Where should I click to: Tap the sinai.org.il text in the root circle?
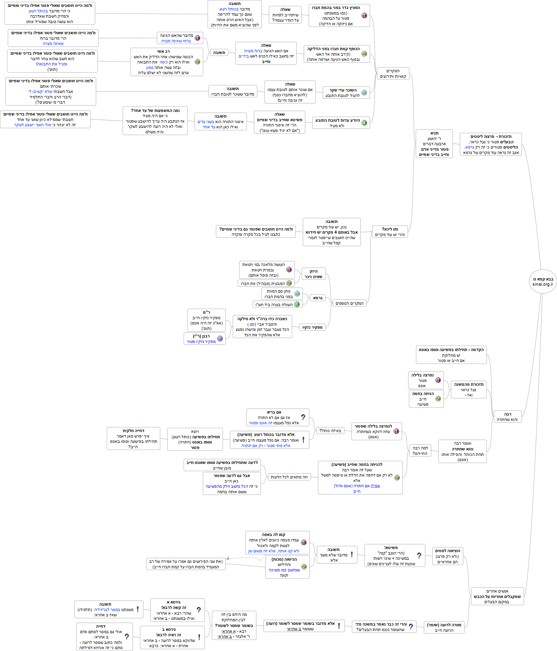[543, 284]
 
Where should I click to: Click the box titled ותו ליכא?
[390, 232]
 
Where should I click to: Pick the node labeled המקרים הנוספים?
[349, 303]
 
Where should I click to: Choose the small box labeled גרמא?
[318, 298]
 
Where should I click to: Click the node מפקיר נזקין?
[312, 327]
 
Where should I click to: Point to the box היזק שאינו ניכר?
[313, 274]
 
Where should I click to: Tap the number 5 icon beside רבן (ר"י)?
[220, 339]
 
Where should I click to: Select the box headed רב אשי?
[167, 62]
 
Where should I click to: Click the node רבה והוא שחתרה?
[507, 417]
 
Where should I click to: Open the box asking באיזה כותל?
[330, 430]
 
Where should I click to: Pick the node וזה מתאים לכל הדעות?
[289, 477]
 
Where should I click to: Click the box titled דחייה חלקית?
[133, 439]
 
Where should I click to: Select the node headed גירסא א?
[177, 610]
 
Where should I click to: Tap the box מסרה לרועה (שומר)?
[444, 627]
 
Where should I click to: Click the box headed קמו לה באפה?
[277, 543]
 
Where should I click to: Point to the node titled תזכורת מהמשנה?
[468, 390]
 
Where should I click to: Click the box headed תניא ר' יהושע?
[434, 144]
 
